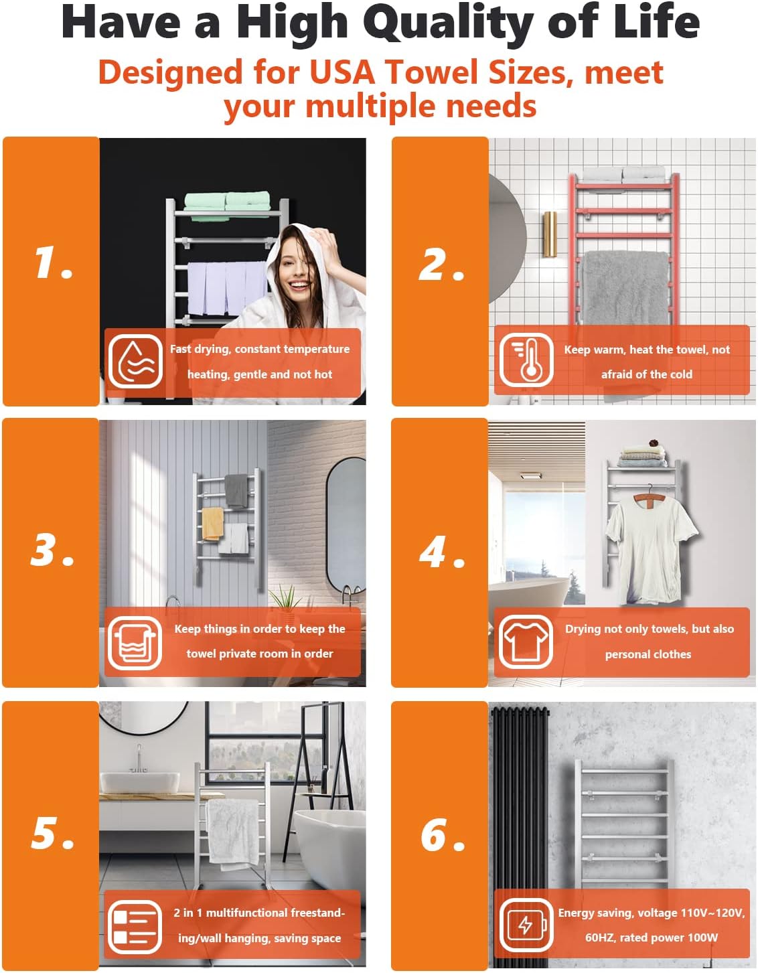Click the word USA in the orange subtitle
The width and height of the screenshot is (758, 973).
point(342,72)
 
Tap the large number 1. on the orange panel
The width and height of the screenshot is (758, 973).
point(54,263)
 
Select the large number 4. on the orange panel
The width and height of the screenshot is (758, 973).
point(442,552)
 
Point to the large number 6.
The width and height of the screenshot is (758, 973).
point(443,834)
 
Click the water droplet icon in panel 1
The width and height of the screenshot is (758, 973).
point(135,362)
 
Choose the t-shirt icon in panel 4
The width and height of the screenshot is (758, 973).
point(526,642)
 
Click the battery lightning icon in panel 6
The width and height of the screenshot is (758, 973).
point(526,925)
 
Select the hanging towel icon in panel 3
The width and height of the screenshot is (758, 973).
point(135,643)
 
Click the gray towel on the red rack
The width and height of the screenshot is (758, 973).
point(625,289)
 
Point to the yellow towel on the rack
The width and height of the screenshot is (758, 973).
point(213,523)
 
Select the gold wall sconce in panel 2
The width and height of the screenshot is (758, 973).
point(550,234)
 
